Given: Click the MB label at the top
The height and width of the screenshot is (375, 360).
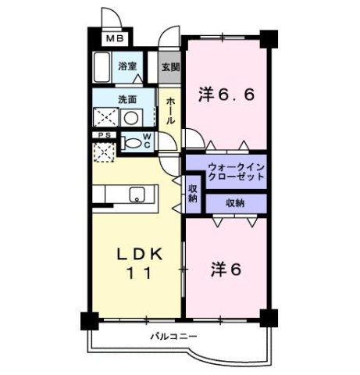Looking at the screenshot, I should pos(114,38).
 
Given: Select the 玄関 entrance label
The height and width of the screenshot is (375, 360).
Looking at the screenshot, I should pos(169,67).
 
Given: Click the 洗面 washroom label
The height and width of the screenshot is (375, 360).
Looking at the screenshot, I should pos(127,100).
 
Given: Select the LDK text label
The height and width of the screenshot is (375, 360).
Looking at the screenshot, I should pos(140,255).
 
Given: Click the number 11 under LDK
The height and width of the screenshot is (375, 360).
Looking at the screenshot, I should pos(140,273).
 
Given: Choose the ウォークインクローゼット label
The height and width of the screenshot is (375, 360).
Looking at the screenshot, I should pos(236,172).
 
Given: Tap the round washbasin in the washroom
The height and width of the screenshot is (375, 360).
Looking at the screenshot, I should pos(133,119).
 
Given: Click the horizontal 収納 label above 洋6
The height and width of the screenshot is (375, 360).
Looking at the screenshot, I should pos(235,202).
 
